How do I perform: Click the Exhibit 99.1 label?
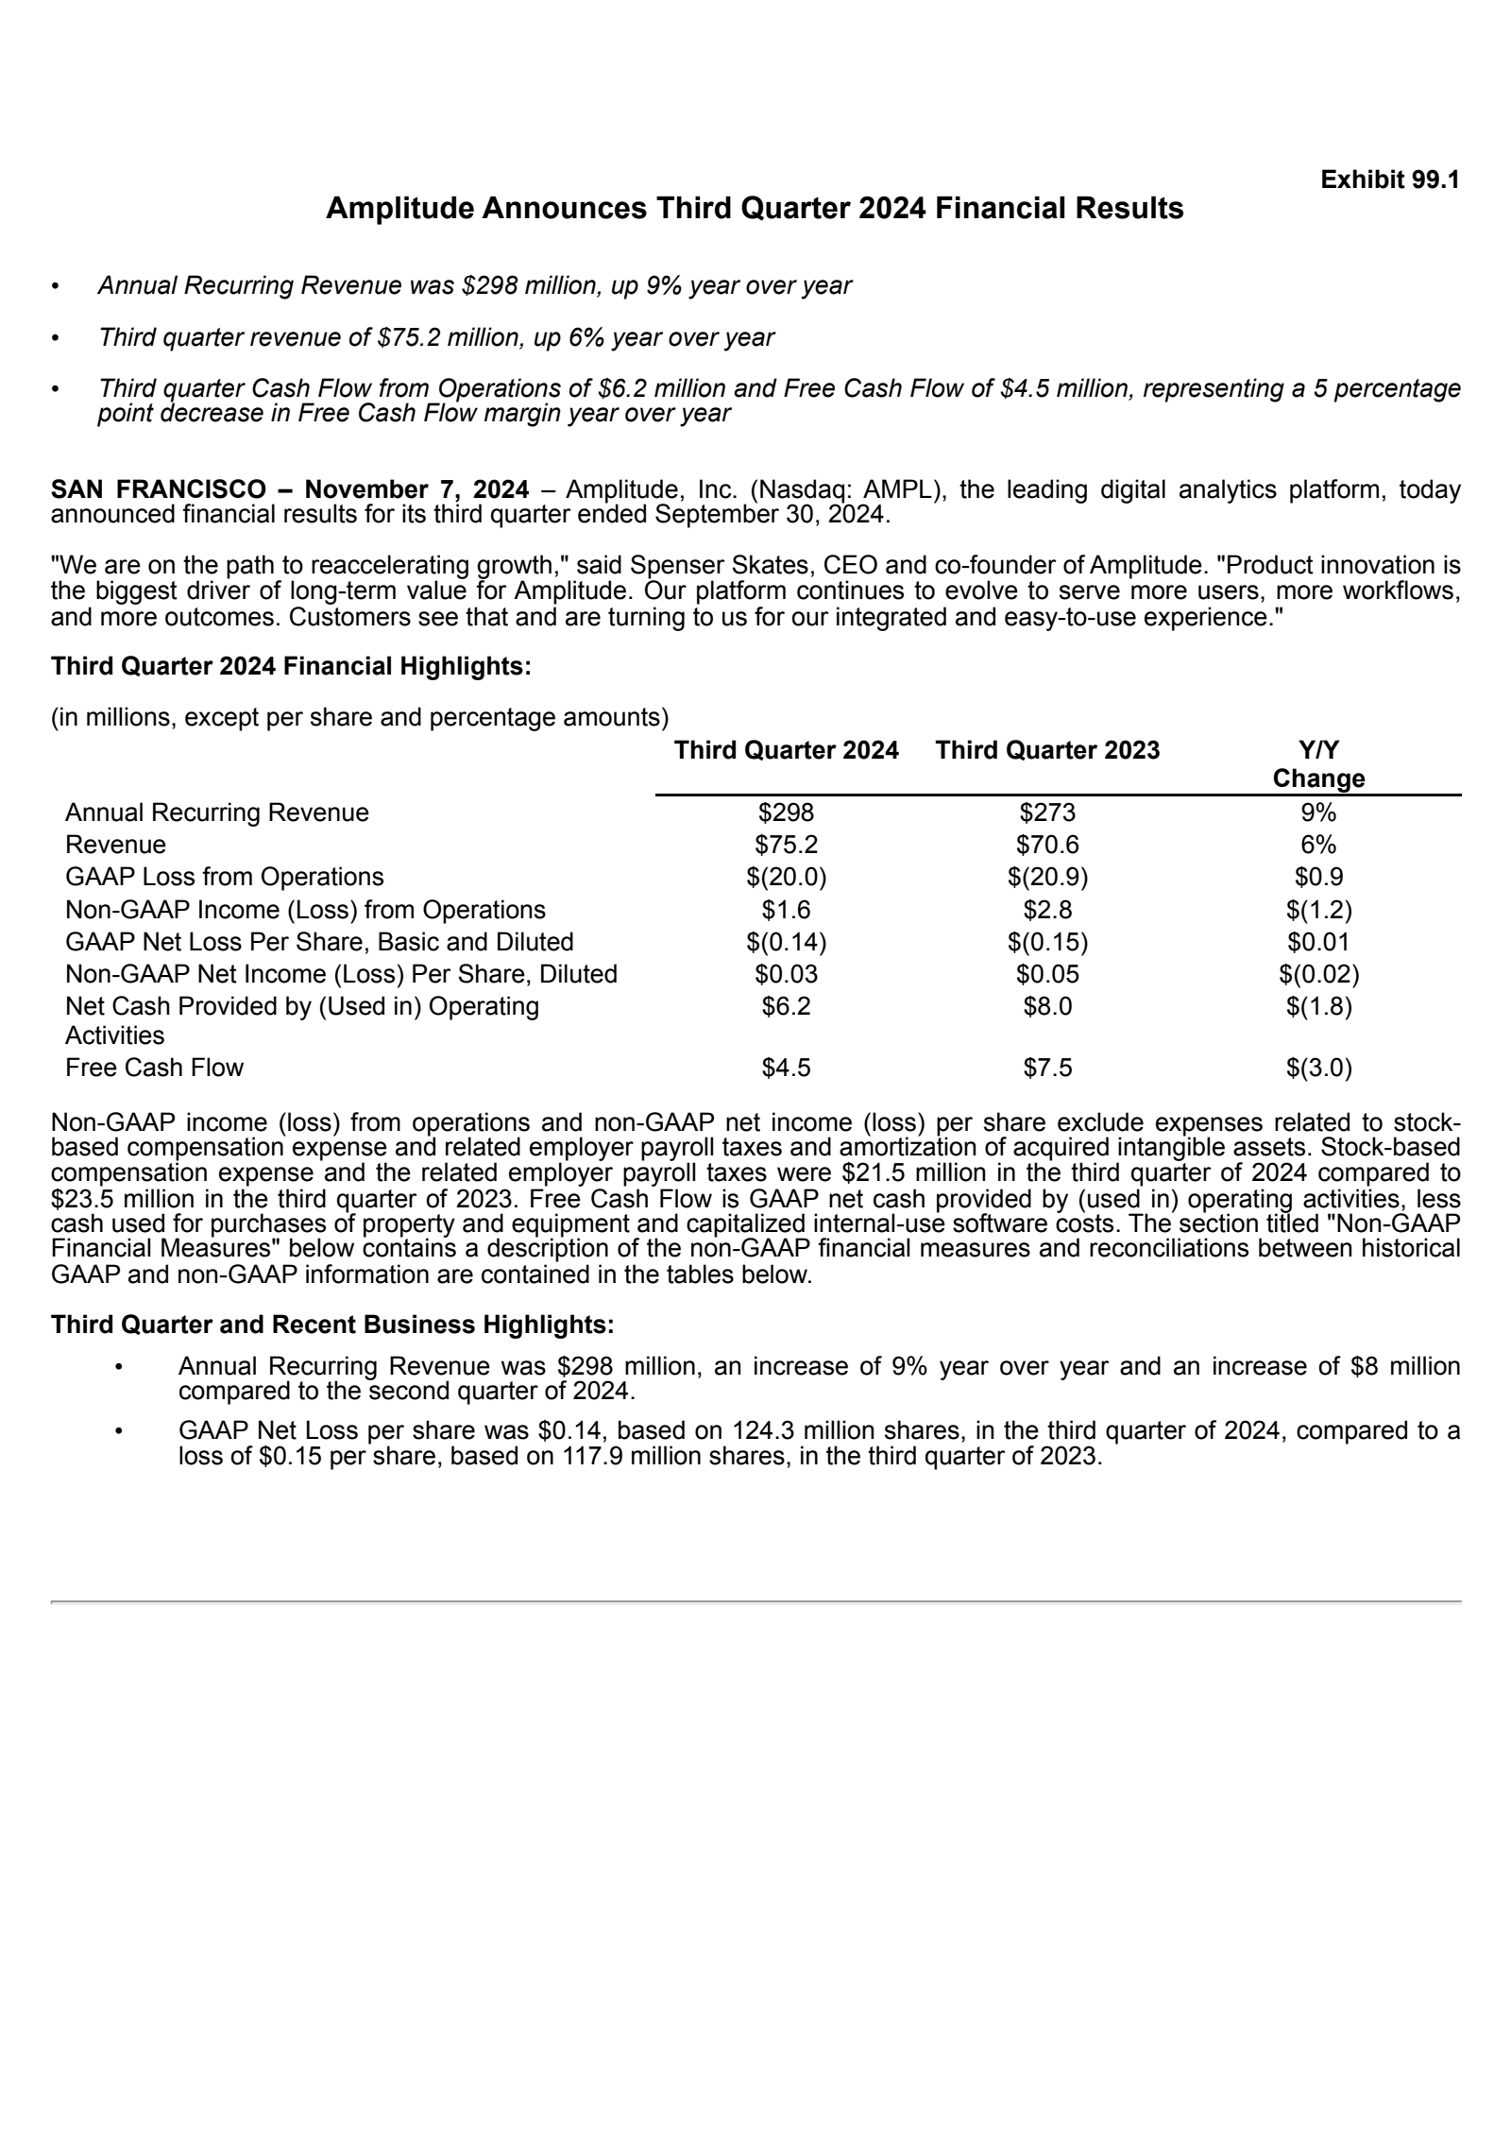click(x=1389, y=180)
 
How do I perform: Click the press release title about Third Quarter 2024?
click(x=754, y=209)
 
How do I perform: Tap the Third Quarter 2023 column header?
click(x=1046, y=750)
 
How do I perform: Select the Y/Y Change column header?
click(x=1317, y=764)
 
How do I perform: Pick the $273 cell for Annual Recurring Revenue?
click(x=1046, y=812)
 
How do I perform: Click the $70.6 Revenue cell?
click(x=1046, y=845)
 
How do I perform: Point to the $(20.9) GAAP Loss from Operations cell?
click(x=1046, y=877)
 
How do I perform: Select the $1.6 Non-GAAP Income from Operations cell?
click(x=786, y=910)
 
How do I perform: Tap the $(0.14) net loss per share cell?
click(x=786, y=942)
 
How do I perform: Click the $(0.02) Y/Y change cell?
click(x=1318, y=974)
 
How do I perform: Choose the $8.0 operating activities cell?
click(x=1046, y=1006)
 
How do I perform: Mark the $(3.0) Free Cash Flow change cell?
click(x=1318, y=1068)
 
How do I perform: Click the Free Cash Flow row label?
click(x=154, y=1068)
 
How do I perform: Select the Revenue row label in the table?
click(x=115, y=845)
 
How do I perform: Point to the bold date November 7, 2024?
click(x=416, y=489)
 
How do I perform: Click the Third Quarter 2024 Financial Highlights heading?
click(x=291, y=666)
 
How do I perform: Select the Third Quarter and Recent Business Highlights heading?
click(x=332, y=1325)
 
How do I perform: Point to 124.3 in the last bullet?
click(x=763, y=1430)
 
